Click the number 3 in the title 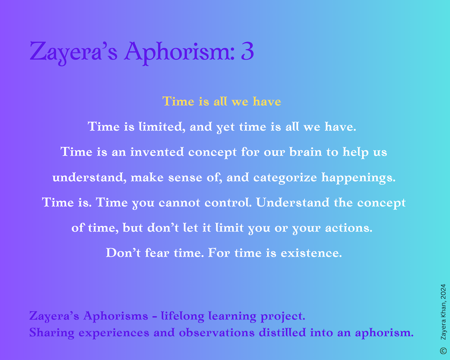(247, 51)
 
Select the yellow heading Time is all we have (221, 101)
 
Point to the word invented (157, 152)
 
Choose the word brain (306, 152)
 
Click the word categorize (285, 178)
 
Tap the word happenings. (359, 178)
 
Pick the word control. (228, 202)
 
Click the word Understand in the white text (293, 202)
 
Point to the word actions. (349, 228)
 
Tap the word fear (157, 252)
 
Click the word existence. (311, 253)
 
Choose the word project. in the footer (283, 316)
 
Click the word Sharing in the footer (52, 333)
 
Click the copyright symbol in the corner (443, 351)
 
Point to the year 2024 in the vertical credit (443, 291)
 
